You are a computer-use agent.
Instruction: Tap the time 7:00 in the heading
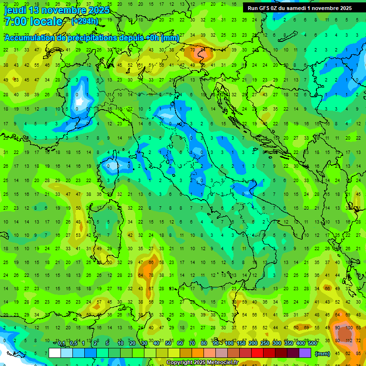point(16,21)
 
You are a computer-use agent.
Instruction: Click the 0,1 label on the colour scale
point(61,344)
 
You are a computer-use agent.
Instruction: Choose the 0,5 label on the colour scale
point(73,344)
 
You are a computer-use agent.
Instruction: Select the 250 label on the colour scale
point(264,344)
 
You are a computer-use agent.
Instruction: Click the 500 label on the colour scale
point(312,344)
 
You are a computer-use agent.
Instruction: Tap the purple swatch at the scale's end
point(305,353)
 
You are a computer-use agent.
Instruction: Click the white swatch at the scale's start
point(55,353)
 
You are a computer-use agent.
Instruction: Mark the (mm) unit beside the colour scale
point(322,354)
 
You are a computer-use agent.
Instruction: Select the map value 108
point(349,328)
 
